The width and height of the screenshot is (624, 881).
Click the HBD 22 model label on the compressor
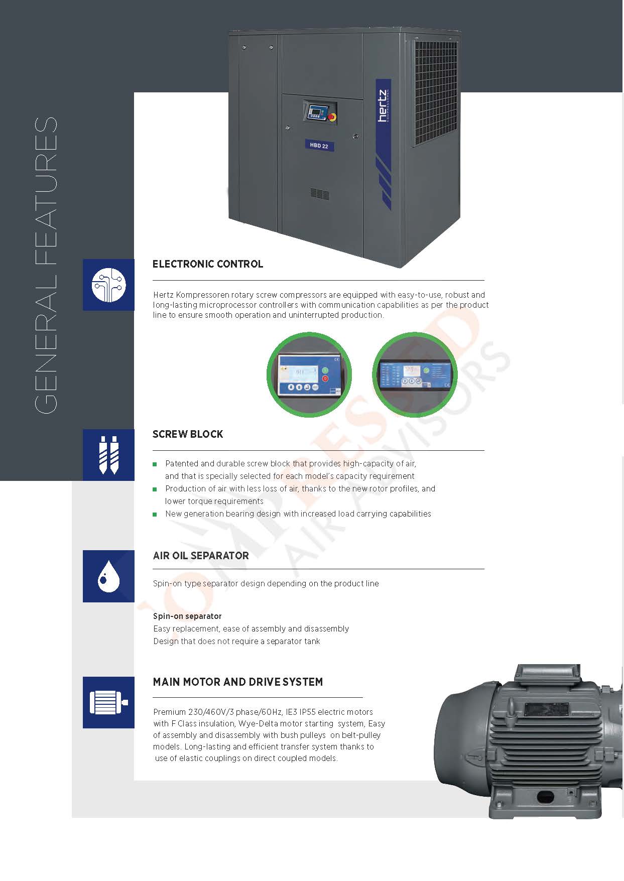[x=319, y=146]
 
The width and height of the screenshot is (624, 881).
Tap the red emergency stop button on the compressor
[x=332, y=116]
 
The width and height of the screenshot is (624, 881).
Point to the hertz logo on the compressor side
[x=383, y=106]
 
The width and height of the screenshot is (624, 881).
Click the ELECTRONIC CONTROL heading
[x=208, y=264]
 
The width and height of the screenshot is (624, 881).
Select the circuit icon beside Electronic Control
[x=108, y=285]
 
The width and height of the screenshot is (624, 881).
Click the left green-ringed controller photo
[x=309, y=374]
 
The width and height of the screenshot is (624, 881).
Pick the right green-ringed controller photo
[x=415, y=374]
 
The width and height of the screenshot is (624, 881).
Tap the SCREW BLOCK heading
[x=188, y=434]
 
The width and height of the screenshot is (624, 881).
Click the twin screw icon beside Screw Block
[x=108, y=455]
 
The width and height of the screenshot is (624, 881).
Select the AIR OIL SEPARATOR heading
[x=201, y=556]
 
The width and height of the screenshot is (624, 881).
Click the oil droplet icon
[x=108, y=576]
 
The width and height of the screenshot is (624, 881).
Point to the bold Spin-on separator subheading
[x=187, y=616]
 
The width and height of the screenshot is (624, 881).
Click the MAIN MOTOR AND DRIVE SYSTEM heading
[x=238, y=682]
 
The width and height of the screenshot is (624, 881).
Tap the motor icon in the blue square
[x=108, y=702]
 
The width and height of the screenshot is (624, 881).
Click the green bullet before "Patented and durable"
[x=155, y=464]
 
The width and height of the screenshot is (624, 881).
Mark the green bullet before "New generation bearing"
[x=155, y=515]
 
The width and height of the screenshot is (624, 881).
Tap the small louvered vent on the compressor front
[x=319, y=194]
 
